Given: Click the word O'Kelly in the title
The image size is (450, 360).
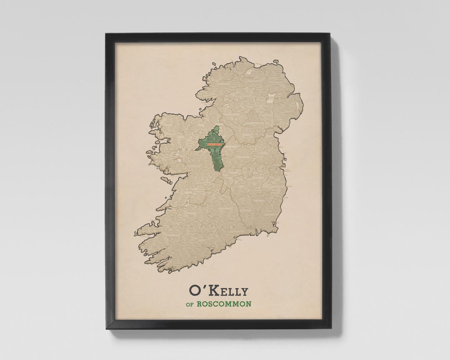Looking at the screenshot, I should click(x=218, y=290).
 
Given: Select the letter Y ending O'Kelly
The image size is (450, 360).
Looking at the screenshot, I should click(x=244, y=291).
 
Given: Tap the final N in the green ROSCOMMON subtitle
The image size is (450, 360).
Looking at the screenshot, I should click(x=248, y=304).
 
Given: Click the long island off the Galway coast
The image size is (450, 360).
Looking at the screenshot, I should click(x=166, y=180).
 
